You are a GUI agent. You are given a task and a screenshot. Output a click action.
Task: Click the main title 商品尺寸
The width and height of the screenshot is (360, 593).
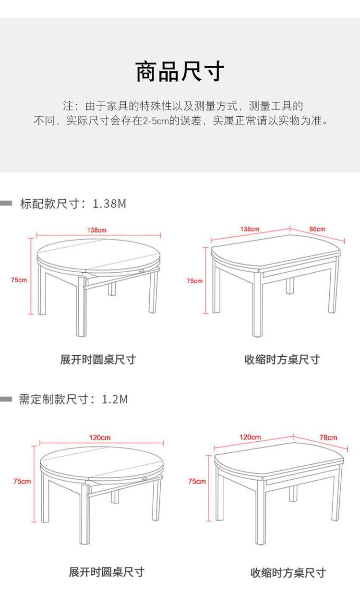(x=180, y=72)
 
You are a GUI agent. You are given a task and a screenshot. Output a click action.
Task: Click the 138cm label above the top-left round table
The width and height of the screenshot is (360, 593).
(x=97, y=230)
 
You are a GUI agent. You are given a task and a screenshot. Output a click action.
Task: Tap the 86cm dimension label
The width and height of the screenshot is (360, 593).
(x=317, y=229)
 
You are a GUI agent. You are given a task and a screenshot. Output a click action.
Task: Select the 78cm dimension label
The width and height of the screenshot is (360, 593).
(x=328, y=437)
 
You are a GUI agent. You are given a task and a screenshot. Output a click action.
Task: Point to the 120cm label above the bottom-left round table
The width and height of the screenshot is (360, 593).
(x=100, y=437)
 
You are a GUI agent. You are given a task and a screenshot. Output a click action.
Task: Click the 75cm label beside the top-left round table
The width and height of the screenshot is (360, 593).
(x=19, y=280)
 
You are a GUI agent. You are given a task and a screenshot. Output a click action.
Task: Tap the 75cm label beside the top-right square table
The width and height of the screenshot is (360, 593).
(x=194, y=281)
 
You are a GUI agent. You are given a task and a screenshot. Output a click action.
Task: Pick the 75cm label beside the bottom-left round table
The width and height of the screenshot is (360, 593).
(x=22, y=481)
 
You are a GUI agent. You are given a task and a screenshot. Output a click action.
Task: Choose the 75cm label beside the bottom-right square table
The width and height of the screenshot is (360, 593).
(x=197, y=481)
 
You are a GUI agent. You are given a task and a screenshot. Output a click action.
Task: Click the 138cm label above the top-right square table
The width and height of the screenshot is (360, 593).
(x=250, y=229)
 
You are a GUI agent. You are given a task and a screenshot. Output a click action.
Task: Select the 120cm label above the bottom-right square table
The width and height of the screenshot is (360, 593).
(x=250, y=437)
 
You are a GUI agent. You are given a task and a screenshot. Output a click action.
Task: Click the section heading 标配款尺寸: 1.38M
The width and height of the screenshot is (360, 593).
(x=73, y=204)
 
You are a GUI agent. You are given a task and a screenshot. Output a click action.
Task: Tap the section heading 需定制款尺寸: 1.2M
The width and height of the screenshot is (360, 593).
(x=73, y=399)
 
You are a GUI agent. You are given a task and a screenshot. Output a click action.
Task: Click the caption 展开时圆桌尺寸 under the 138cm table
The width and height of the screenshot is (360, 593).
(x=98, y=360)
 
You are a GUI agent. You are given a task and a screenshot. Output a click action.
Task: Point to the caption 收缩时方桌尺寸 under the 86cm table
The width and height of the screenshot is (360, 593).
(x=282, y=360)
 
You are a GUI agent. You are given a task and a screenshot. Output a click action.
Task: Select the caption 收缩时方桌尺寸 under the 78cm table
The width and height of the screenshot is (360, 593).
(x=288, y=573)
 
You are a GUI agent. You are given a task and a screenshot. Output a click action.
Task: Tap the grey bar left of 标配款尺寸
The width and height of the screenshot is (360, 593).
(x=6, y=203)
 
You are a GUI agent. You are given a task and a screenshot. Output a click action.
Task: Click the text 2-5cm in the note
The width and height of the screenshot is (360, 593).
(x=156, y=121)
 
